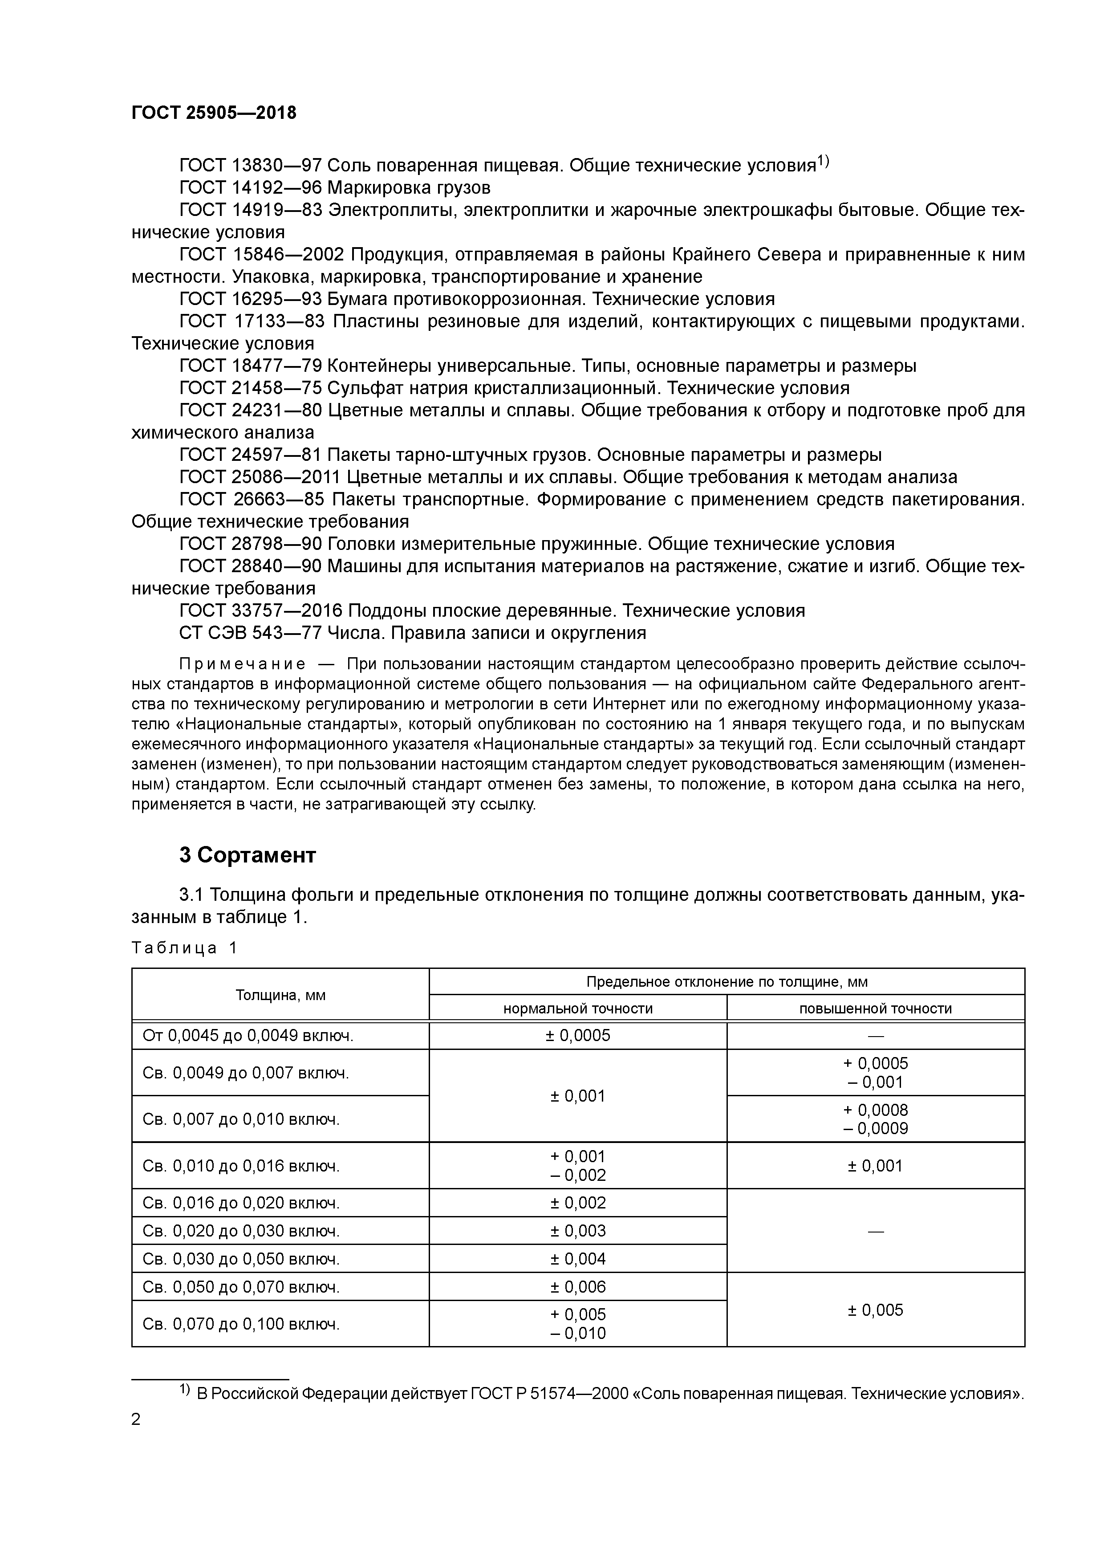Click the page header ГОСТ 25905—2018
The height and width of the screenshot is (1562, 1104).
(214, 113)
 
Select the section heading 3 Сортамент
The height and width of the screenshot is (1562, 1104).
(247, 855)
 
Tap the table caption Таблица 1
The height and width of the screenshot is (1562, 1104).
(184, 948)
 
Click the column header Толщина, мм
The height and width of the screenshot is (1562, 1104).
(280, 995)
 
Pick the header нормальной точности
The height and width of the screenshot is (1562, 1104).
(577, 1008)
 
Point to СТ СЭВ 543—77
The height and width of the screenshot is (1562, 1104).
(250, 633)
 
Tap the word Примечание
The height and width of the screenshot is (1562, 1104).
(241, 664)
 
